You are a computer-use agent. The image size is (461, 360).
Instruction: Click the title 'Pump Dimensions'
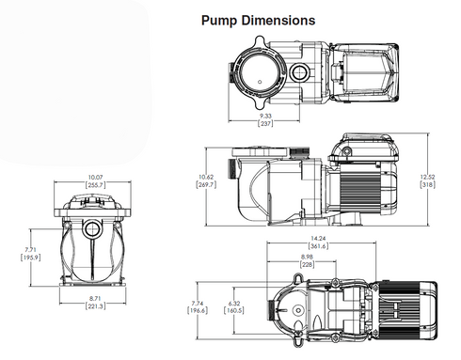(x=258, y=19)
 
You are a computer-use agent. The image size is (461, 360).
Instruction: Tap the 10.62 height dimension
(x=205, y=177)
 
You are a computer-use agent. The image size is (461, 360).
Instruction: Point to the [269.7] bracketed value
(x=205, y=185)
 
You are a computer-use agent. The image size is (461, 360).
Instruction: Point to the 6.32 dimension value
(x=234, y=304)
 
